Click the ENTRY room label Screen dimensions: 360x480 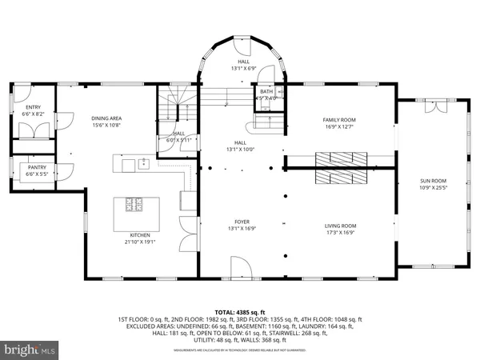click(33, 107)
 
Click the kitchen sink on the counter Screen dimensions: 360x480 click(145, 165)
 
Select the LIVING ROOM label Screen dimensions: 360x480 click(340, 226)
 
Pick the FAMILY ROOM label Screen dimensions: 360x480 click(338, 119)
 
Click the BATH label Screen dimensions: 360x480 click(266, 92)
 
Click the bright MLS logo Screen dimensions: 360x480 click(30, 349)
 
